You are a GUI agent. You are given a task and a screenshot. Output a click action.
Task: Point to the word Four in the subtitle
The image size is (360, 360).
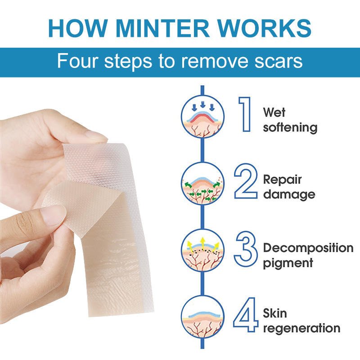(x=78, y=61)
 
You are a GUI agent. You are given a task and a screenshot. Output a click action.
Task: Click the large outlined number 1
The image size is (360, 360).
(x=244, y=115)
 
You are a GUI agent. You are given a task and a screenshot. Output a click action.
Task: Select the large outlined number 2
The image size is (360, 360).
(x=246, y=182)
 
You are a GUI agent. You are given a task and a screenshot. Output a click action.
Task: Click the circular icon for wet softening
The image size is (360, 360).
(x=202, y=118)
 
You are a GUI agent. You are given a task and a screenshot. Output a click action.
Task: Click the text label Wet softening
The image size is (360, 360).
(x=290, y=119)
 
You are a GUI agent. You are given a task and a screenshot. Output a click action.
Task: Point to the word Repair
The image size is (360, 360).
(x=282, y=180)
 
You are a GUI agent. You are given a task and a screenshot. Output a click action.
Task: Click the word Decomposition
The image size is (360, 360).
(x=308, y=248)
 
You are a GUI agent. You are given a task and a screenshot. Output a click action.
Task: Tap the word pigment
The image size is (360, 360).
(x=288, y=262)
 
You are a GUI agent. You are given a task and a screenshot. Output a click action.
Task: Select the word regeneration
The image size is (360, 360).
(x=301, y=328)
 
